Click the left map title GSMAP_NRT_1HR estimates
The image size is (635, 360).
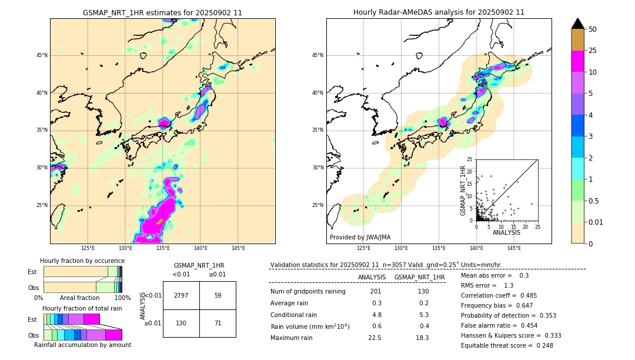tap(162, 12)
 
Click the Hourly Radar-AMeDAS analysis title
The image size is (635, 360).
tap(439, 12)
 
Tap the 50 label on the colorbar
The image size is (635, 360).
tap(593, 29)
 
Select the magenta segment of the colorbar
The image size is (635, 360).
tap(577, 61)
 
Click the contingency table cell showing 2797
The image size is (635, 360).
tap(181, 295)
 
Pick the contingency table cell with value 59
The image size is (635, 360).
tap(218, 295)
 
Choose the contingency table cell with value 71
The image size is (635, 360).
tap(218, 323)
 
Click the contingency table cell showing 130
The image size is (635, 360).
tap(181, 323)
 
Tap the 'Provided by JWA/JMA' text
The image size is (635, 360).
tap(360, 238)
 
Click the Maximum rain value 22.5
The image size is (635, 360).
tap(375, 338)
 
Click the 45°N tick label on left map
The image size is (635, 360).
tap(42, 55)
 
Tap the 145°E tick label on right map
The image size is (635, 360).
tap(514, 248)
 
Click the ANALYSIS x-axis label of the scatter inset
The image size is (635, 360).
tap(506, 232)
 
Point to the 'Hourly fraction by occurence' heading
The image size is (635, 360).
tap(82, 261)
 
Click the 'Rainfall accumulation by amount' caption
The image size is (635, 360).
tap(87, 345)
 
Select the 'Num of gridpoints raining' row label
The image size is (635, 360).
tap(308, 292)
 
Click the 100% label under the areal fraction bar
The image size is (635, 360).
tap(122, 298)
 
